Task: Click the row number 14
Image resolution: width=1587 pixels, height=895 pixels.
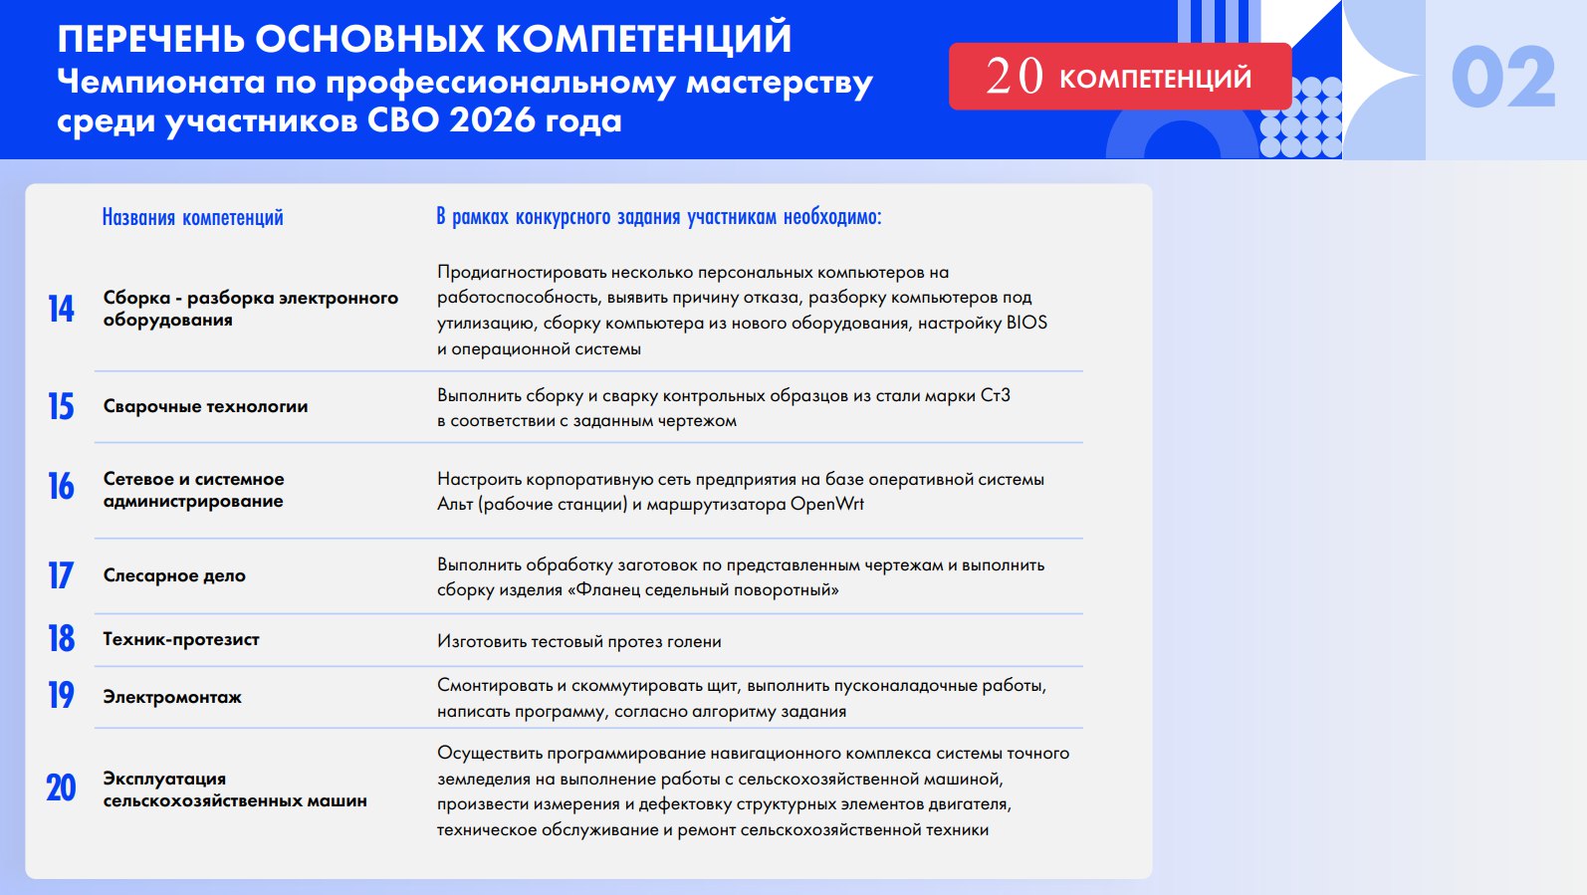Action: click(61, 309)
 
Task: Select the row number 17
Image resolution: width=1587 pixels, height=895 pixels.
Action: click(60, 575)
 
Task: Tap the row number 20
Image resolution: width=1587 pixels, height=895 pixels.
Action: click(61, 788)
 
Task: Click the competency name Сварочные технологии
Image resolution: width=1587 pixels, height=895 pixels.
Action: click(205, 406)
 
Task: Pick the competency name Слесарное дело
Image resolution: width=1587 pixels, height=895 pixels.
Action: click(174, 575)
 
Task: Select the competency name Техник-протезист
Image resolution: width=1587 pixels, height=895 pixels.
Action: click(181, 639)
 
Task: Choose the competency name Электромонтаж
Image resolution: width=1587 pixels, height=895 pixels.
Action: click(172, 697)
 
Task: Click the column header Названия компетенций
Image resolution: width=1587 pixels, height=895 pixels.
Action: click(193, 217)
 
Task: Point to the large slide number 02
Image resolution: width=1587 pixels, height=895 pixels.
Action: click(1502, 77)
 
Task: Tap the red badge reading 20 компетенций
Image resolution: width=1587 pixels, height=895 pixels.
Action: click(1120, 77)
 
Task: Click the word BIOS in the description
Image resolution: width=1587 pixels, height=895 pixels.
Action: click(1026, 324)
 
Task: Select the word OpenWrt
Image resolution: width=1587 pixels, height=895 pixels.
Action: click(826, 504)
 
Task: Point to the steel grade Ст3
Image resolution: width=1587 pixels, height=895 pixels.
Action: click(995, 395)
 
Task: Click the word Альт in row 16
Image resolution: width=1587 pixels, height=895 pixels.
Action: click(455, 505)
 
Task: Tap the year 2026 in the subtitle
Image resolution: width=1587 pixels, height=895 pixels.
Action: click(492, 120)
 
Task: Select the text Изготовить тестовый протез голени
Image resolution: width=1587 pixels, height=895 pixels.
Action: click(578, 641)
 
